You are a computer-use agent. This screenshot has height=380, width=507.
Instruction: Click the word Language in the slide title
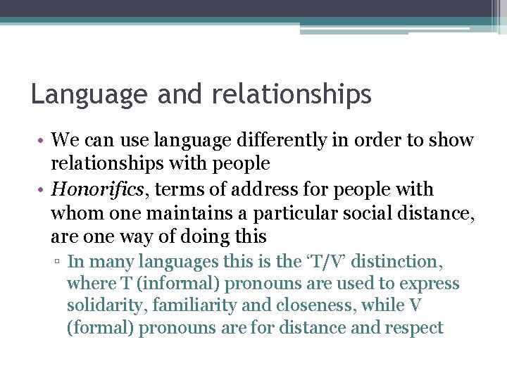coord(88,95)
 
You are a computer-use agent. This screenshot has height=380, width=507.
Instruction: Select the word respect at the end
coord(414,328)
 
